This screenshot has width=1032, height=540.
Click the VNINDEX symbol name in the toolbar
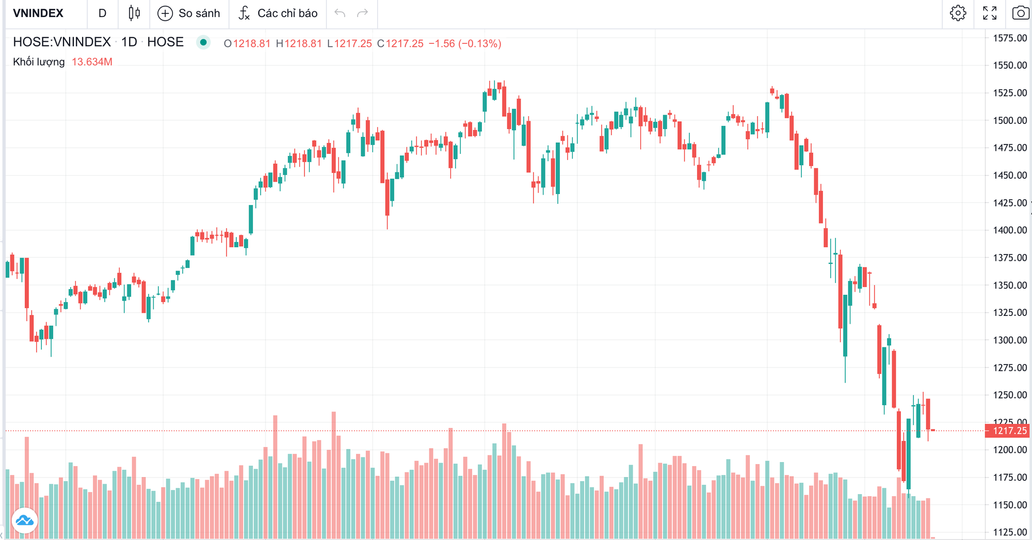point(38,13)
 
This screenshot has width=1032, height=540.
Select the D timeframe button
point(102,13)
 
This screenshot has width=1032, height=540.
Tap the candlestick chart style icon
point(134,13)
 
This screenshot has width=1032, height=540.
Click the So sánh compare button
point(189,13)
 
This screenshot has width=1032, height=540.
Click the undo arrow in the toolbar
point(340,13)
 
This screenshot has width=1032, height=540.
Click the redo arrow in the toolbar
point(363,13)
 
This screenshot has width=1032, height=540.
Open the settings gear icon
point(958,13)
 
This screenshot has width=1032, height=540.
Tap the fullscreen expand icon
point(989,13)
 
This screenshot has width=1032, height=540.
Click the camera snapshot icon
point(1020,13)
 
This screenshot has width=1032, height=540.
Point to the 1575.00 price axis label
point(1010,38)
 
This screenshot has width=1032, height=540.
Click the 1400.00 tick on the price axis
point(1010,230)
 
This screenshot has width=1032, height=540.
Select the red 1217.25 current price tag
point(1009,431)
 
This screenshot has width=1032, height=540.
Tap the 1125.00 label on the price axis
point(1010,532)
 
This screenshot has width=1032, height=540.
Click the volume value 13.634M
point(92,62)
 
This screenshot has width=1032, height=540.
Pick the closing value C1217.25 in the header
point(400,44)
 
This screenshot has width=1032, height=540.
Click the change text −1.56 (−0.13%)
point(465,44)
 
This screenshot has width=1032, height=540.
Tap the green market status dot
point(203,42)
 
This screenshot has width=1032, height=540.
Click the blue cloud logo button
point(25,520)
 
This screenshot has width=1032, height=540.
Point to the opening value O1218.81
point(247,44)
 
